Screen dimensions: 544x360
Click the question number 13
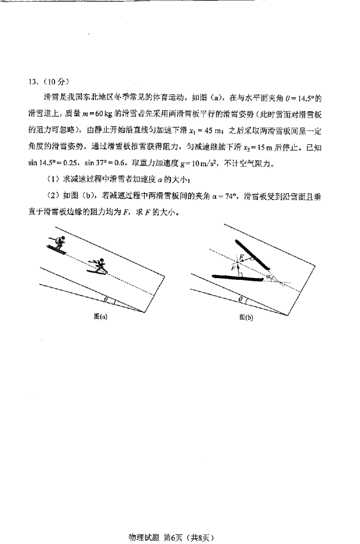pyautogui.click(x=33, y=80)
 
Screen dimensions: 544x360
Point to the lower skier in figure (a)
pyautogui.click(x=98, y=266)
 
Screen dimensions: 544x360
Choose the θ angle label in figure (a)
pyautogui.click(x=106, y=299)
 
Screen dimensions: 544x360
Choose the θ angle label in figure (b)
pyautogui.click(x=240, y=299)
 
